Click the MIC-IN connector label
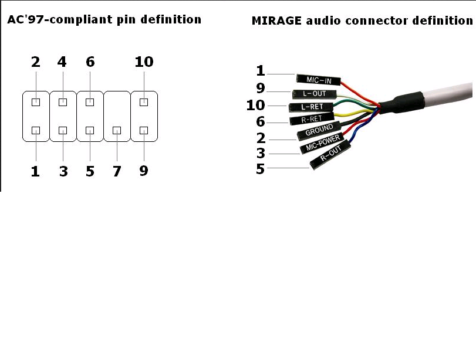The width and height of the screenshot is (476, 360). coord(319,80)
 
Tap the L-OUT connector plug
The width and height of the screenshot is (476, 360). coord(315,94)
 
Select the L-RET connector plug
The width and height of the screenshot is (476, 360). coord(311,107)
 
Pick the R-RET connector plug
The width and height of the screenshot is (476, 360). coord(312,119)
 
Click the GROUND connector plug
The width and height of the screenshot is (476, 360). coord(319,131)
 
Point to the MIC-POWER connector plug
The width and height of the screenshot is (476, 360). coord(322,143)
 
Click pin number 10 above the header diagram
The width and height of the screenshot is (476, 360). coord(144,62)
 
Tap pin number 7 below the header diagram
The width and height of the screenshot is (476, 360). coord(117,171)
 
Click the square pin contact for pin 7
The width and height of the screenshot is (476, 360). coord(117,130)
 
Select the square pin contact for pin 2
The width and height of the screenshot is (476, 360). coord(36,102)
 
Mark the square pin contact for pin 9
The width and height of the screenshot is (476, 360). coord(144,130)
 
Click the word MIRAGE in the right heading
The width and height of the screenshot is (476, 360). coord(276,21)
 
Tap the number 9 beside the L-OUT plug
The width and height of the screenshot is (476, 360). coord(261,89)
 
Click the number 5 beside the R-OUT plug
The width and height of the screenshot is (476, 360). coord(260,169)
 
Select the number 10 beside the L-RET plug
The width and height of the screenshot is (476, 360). coord(255,105)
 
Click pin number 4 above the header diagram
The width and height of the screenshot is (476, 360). coord(62,62)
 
